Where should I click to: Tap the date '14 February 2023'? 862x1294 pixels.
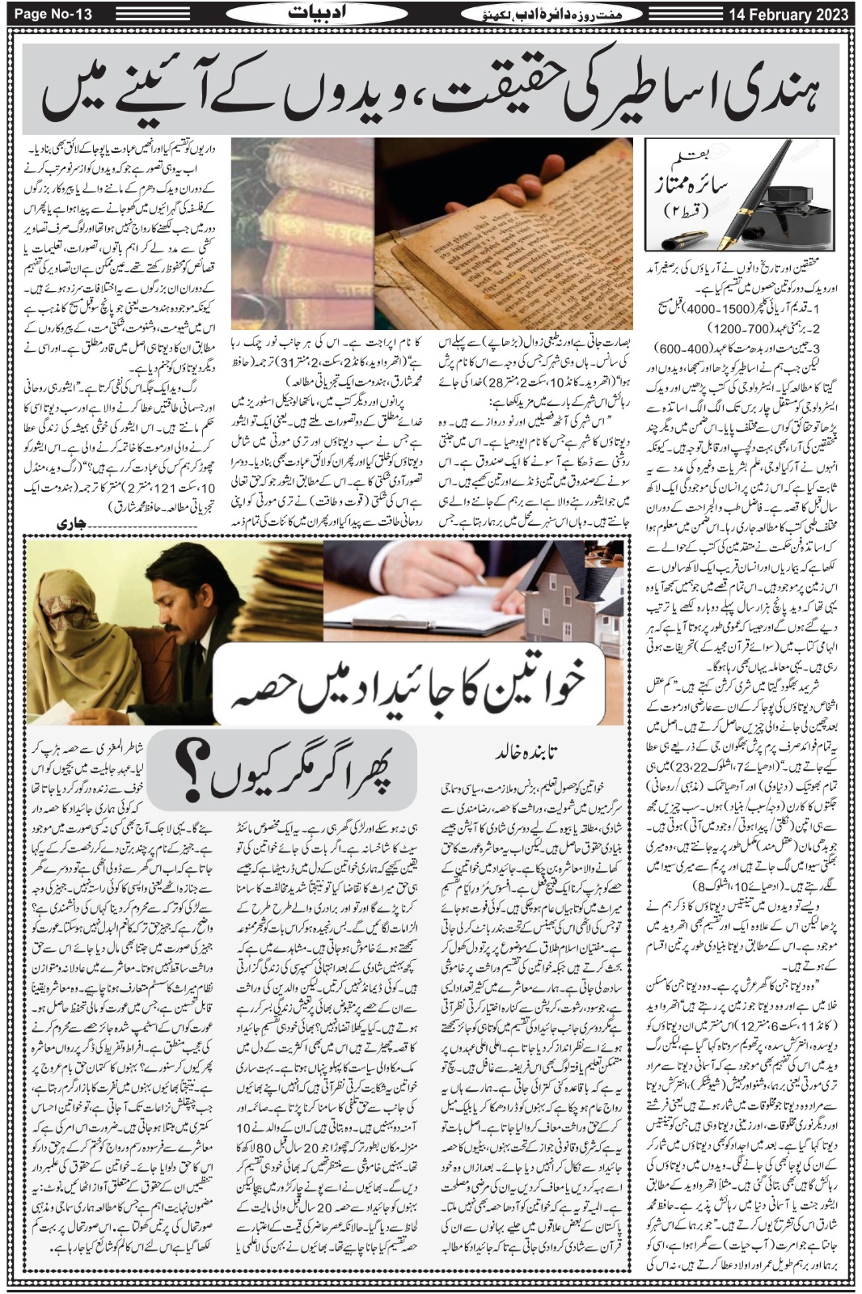tap(791, 14)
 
